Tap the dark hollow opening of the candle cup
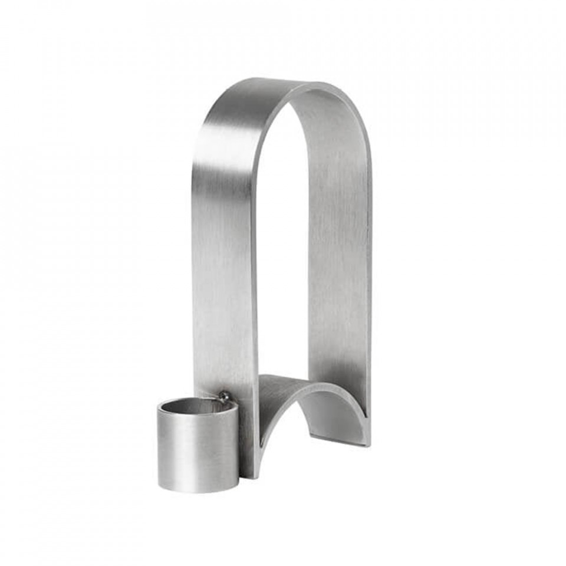tap(198, 406)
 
